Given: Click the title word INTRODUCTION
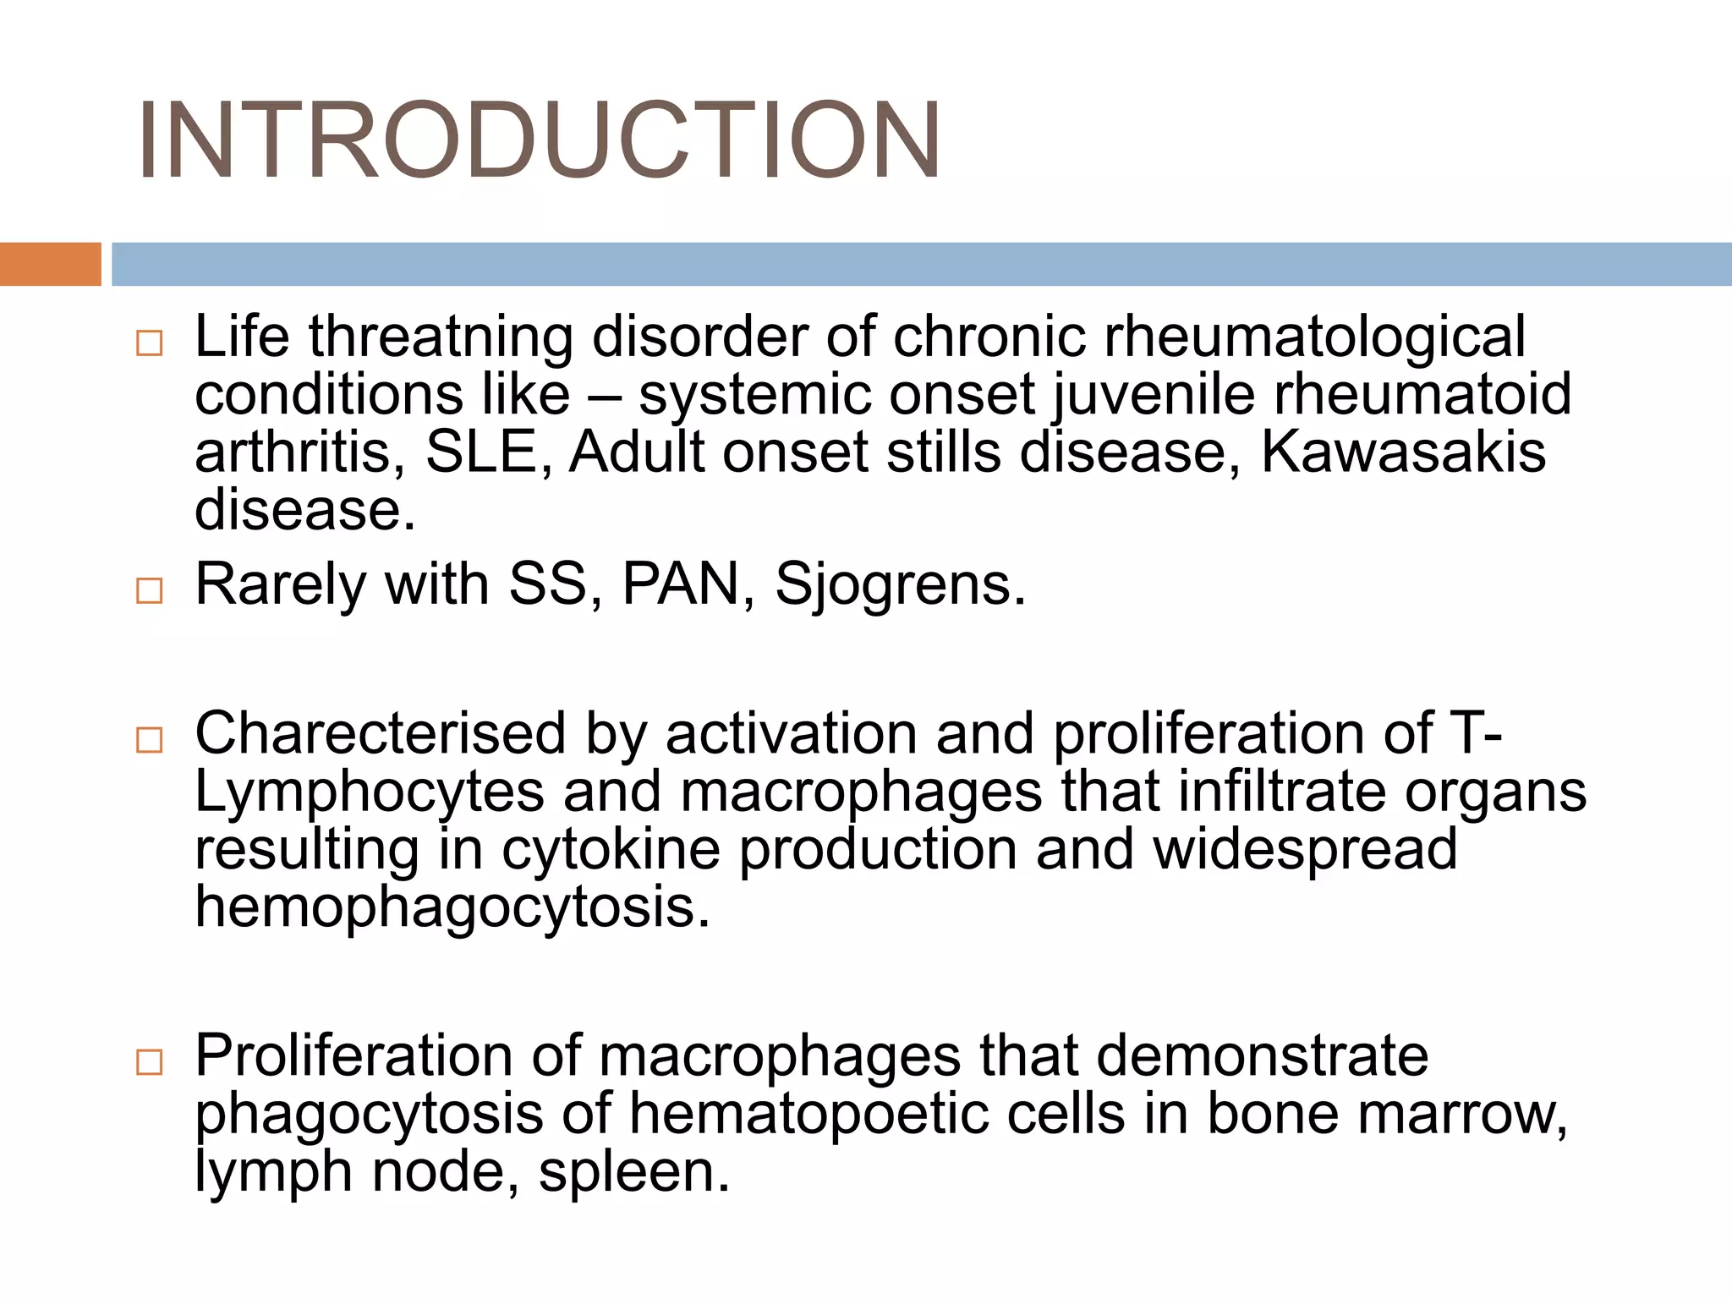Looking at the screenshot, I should pyautogui.click(x=539, y=140).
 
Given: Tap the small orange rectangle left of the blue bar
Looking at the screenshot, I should pyautogui.click(x=50, y=264).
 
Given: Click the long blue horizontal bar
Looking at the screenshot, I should pyautogui.click(x=921, y=264).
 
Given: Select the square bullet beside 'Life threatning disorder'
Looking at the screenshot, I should pyautogui.click(x=149, y=343).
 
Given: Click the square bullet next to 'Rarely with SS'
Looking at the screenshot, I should pyautogui.click(x=149, y=590).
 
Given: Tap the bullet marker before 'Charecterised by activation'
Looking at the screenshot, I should pyautogui.click(x=149, y=740).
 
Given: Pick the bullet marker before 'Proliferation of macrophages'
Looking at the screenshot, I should pyautogui.click(x=149, y=1062).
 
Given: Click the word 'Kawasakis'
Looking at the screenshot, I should pyautogui.click(x=1403, y=452).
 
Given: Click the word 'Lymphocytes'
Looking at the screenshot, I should pyautogui.click(x=370, y=793).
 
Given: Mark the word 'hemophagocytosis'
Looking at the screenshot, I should pyautogui.click(x=452, y=908).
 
